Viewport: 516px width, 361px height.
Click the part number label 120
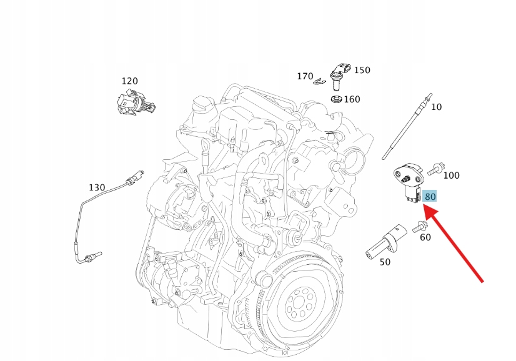click(129, 81)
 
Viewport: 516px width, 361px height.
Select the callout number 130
click(97, 187)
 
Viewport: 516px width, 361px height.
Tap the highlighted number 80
click(430, 197)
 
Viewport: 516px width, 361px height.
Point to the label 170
click(305, 76)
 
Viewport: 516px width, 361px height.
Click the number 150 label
click(362, 70)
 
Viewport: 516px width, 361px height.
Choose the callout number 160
click(352, 99)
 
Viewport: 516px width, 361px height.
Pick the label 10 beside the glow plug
click(436, 107)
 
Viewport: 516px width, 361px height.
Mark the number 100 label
click(451, 176)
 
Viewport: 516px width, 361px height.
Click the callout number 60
click(425, 237)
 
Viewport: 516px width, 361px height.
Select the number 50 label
click(385, 262)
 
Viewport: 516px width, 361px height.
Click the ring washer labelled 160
click(335, 99)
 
